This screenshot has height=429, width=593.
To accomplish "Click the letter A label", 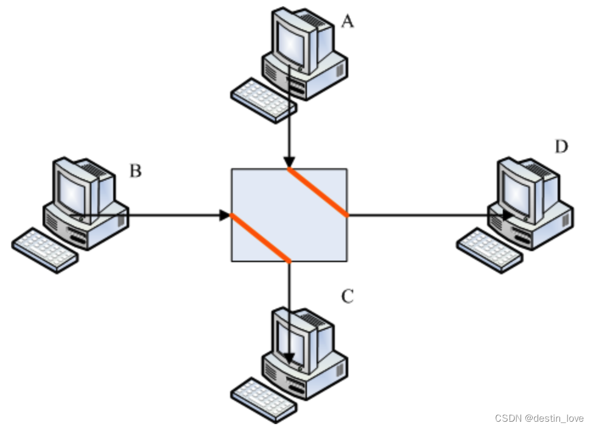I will (347, 22).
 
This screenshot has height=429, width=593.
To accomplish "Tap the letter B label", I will (135, 171).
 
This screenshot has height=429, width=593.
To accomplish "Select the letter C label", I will (347, 297).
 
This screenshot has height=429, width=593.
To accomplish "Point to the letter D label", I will (561, 146).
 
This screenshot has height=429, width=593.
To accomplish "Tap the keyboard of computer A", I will (263, 100).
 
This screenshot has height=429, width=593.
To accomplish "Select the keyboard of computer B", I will (44, 249).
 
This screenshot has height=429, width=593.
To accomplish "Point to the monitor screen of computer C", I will (290, 339).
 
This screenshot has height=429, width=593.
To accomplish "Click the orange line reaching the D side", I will (318, 191).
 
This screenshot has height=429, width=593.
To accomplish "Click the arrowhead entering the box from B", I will (225, 215).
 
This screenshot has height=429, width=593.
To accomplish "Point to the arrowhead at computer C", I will (290, 358).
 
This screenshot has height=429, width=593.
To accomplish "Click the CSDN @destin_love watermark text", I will (539, 419).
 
